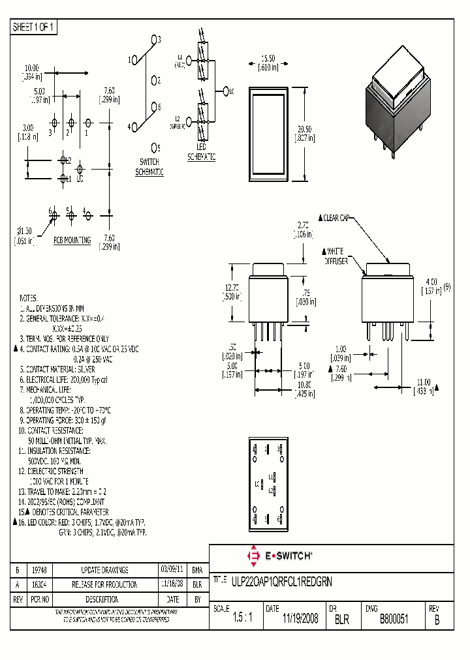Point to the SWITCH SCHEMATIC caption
[x=149, y=166]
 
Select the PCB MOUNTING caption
[x=72, y=241]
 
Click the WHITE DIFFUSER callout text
[x=337, y=256]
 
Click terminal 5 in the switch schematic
[x=155, y=147]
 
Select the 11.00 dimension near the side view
[x=424, y=385]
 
